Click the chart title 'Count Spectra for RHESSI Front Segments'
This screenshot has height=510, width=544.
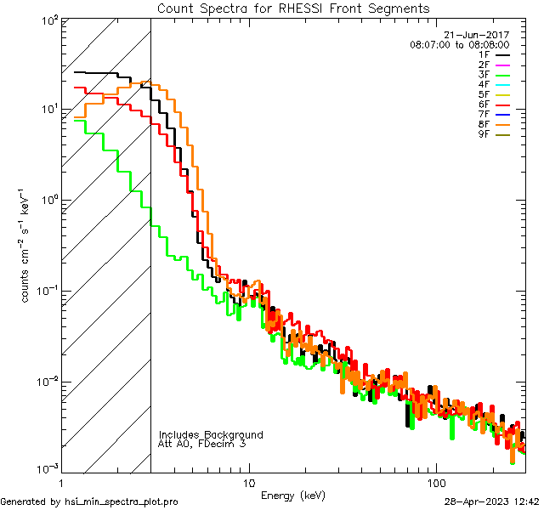[293, 8]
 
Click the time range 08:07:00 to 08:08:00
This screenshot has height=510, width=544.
[459, 44]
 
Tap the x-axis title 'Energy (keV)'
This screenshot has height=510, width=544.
[293, 495]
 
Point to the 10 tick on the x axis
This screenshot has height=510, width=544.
[248, 482]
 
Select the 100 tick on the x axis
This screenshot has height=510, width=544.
[435, 482]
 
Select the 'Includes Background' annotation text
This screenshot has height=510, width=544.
[211, 434]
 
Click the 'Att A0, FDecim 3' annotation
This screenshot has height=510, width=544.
[203, 444]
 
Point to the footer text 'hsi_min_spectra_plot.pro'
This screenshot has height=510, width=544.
[122, 501]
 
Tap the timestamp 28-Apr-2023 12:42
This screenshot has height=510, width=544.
[492, 501]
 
